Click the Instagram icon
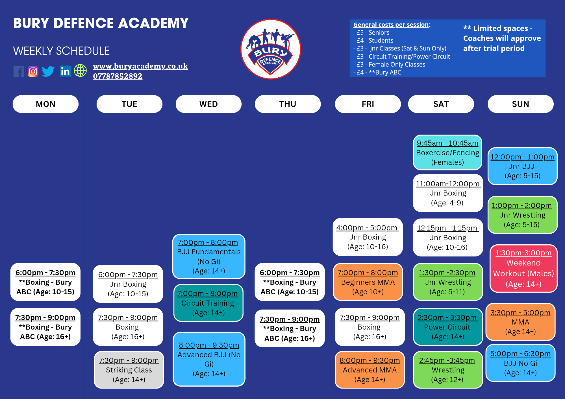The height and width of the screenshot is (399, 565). [x=33, y=71]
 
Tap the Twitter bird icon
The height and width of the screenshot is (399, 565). [x=48, y=71]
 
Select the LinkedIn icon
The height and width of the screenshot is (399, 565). [x=65, y=71]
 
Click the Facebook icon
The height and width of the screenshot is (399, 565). [x=19, y=71]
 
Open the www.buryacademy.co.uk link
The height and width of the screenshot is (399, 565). [x=140, y=66]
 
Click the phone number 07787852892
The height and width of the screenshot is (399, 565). [x=118, y=76]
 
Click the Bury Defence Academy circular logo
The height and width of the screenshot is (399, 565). [x=271, y=49]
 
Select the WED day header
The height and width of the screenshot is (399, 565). [x=208, y=104]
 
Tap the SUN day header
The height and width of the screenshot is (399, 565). [x=520, y=104]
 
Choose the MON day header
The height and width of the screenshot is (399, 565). [x=45, y=104]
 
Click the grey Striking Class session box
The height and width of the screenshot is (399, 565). [x=129, y=370]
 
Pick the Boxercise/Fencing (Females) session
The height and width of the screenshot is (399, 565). [x=447, y=153]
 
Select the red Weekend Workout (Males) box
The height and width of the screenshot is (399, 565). [x=523, y=268]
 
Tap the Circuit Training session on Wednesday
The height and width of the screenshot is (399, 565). [x=208, y=303]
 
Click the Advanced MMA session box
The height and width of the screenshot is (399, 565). [x=370, y=370]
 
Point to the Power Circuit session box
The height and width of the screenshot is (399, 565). [x=448, y=327]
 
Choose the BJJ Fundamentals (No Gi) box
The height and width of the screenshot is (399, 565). [x=209, y=256]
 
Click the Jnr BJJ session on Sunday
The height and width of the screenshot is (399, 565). [x=522, y=166]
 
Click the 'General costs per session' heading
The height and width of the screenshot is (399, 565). [x=391, y=25]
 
